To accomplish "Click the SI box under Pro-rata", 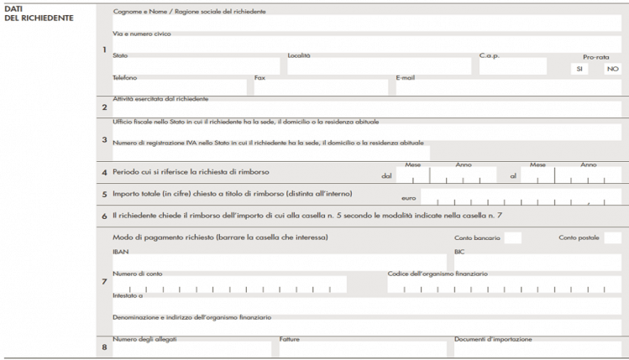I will [x=578, y=69].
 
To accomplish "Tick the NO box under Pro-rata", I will [x=612, y=69].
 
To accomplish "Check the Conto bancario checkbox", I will [x=512, y=238].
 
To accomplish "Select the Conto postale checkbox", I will [x=612, y=238].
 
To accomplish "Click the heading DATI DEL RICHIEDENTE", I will [x=27, y=13].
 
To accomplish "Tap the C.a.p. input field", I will [x=512, y=67].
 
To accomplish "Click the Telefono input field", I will [x=180, y=88].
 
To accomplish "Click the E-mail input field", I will [x=507, y=88].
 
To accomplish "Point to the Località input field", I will [x=379, y=67].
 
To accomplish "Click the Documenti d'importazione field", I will [x=537, y=348].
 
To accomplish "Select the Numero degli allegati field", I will [x=191, y=348].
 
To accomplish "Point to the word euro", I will [x=409, y=198].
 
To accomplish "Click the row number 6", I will [x=104, y=216].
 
